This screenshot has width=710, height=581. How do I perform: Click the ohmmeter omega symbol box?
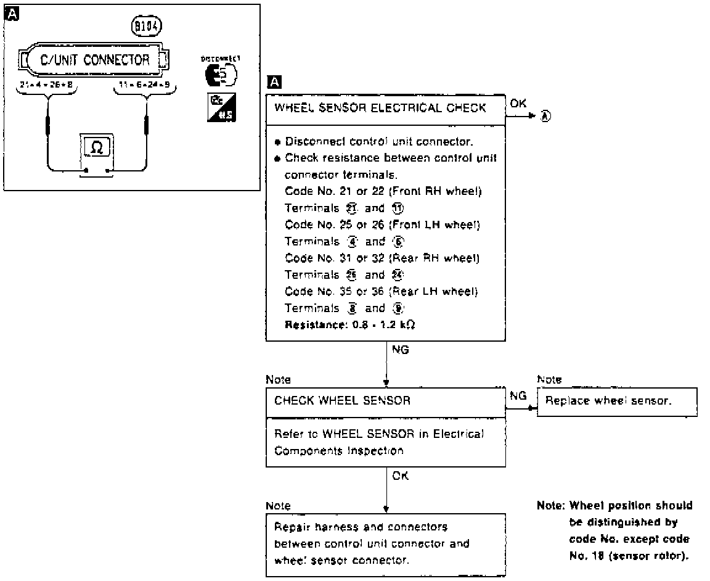[97, 147]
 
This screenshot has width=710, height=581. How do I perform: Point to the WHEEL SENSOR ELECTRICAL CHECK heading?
[380, 108]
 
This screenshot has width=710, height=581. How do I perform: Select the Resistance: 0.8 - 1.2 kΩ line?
[349, 324]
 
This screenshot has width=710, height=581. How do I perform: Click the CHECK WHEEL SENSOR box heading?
[342, 401]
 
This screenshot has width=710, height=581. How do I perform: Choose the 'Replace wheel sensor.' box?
[616, 401]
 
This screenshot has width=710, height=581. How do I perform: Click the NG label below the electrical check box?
[399, 349]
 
